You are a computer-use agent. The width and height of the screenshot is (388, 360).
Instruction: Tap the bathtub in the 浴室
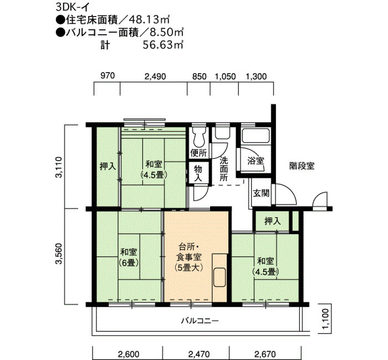[x=256, y=136]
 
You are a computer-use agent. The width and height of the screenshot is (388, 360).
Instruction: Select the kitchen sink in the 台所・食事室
[x=219, y=277]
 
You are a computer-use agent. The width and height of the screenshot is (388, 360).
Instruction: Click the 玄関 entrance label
[x=261, y=193]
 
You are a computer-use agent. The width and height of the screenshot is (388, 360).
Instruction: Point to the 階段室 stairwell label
[x=302, y=166]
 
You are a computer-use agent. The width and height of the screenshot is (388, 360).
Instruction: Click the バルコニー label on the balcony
[x=200, y=321]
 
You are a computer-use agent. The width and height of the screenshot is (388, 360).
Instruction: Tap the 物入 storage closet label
[x=198, y=173]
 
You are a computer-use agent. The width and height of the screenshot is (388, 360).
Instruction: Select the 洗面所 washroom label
[x=224, y=169]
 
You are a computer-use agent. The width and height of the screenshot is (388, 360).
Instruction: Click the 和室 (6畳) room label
[x=129, y=258]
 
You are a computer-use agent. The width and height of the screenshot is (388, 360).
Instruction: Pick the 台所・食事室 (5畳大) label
[x=189, y=257]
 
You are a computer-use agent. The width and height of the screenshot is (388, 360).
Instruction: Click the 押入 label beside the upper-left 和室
[x=108, y=166]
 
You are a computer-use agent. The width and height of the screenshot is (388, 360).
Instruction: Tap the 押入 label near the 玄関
[x=273, y=221]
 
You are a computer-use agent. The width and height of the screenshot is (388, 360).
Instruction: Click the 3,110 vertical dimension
[x=59, y=167]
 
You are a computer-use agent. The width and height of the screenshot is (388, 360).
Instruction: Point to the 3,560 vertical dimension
[x=59, y=254]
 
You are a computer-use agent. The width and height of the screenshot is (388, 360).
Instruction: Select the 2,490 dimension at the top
[x=155, y=76]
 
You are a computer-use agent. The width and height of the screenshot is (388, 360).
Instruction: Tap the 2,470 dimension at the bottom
[x=199, y=354]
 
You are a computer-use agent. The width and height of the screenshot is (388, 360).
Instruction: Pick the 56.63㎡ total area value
[x=163, y=45]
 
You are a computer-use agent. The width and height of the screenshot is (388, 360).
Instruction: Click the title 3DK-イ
[x=72, y=7]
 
